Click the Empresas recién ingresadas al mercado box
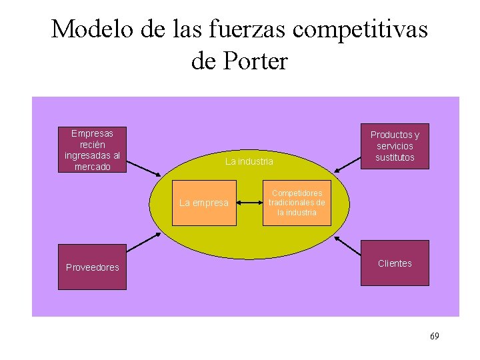(92, 149)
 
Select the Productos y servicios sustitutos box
(395, 146)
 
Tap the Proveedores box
(92, 267)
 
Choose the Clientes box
(395, 263)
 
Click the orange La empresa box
(204, 203)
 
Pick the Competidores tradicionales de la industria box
(297, 203)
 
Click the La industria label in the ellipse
(249, 161)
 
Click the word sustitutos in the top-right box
(395, 158)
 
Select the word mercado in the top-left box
(92, 167)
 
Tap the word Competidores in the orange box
(297, 193)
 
